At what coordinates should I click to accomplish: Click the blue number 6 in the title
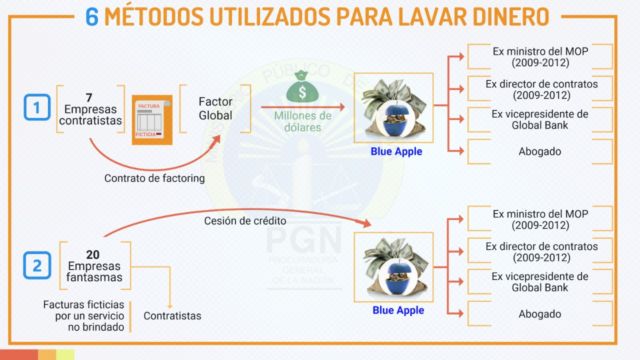pos(92,17)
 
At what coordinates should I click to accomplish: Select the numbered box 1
pos(37,107)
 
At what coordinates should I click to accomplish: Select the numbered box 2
pos(37,265)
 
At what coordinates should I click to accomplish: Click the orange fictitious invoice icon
pos(152,120)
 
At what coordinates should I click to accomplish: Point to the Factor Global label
pos(215,108)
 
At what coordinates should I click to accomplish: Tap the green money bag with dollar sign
pos(302,87)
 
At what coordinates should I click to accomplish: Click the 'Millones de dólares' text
pos(302,122)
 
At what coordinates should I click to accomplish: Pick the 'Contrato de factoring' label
pos(154,178)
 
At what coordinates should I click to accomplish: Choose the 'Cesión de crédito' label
pos(245,221)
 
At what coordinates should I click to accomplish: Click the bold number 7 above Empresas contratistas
pos(89,98)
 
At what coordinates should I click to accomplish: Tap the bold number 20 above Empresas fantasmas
pos(93,255)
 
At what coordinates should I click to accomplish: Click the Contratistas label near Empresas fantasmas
pos(172,316)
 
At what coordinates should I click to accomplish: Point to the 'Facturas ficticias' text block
pos(84,316)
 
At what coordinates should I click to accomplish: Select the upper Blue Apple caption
pos(396,151)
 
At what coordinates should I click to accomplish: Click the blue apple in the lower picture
pos(394,276)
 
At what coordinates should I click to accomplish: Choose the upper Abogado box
pos(540,151)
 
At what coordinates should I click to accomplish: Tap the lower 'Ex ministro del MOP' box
pos(540,219)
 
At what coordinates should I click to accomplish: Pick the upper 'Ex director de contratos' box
pos(540,89)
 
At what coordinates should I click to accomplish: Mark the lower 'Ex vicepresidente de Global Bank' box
pos(540,282)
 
